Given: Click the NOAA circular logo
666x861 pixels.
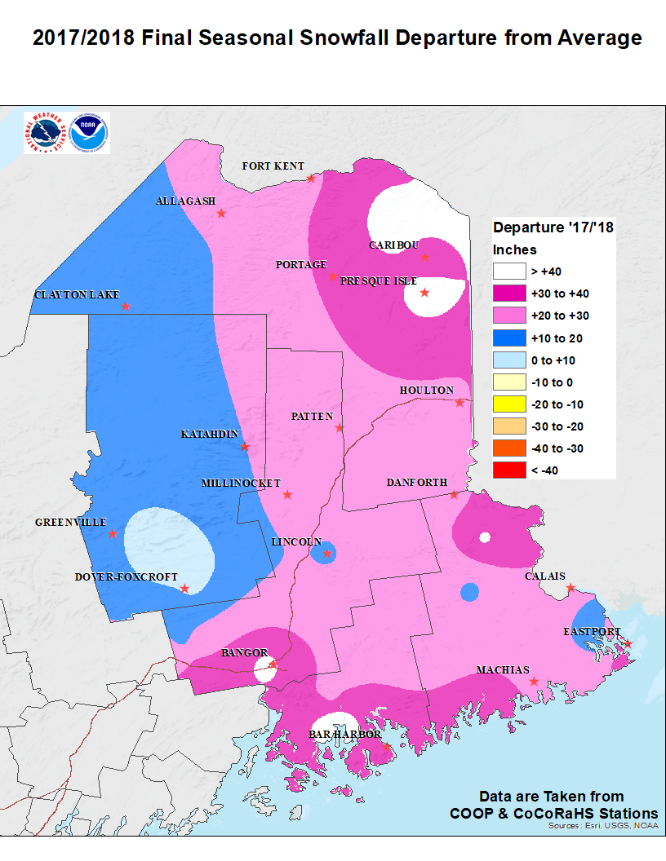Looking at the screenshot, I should tap(89, 134).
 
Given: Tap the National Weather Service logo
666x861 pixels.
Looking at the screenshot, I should tap(46, 134).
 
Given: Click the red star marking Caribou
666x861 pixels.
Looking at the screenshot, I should tap(425, 258).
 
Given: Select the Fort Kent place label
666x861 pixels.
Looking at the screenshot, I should tap(273, 166).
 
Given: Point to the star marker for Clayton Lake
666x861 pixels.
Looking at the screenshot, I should tap(126, 307).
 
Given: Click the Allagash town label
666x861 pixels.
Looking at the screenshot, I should tap(185, 201).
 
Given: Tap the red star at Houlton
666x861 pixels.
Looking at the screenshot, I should tap(460, 403).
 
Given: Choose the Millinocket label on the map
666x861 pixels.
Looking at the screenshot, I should tap(241, 483).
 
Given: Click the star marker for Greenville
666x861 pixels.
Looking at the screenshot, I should tap(113, 534).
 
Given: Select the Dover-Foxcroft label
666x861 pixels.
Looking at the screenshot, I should tap(127, 577).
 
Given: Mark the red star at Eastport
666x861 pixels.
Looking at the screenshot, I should tap(628, 645).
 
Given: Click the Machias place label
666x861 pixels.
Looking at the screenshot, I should tap(503, 669).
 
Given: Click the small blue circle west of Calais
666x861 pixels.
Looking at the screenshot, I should tap(469, 593).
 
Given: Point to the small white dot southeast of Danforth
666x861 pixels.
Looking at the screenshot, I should tap(485, 536).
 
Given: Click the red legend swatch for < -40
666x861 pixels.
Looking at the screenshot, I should tap(508, 470).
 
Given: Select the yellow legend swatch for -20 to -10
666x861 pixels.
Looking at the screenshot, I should tap(508, 404).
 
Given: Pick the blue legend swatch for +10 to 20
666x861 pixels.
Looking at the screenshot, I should tap(508, 338).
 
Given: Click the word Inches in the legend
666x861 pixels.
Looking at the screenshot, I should tap(515, 249).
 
